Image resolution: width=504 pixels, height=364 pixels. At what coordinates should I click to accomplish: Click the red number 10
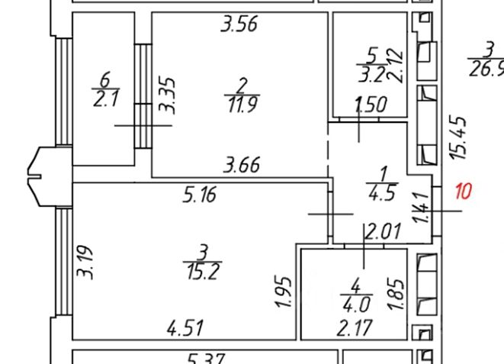click(x=464, y=190)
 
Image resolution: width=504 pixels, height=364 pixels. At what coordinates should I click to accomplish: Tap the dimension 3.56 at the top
click(x=239, y=25)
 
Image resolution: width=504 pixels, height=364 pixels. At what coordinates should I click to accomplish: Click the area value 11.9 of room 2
click(x=242, y=104)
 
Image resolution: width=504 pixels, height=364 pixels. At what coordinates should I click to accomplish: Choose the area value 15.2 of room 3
click(x=203, y=270)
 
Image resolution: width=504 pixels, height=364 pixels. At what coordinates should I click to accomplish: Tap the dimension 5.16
click(x=200, y=195)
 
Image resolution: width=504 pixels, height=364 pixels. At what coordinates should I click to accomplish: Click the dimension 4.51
click(x=186, y=329)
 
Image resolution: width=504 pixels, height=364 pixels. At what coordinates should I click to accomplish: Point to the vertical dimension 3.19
click(x=86, y=262)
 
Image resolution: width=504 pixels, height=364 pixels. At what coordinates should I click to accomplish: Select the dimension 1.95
click(x=282, y=293)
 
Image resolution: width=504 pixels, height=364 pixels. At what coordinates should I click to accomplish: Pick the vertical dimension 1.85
click(x=396, y=293)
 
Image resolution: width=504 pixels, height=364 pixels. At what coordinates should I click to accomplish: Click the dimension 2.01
click(x=382, y=232)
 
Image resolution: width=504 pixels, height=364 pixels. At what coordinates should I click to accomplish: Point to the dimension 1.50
click(x=371, y=105)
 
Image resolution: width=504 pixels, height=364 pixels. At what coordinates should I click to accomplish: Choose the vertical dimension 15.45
click(x=458, y=137)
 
